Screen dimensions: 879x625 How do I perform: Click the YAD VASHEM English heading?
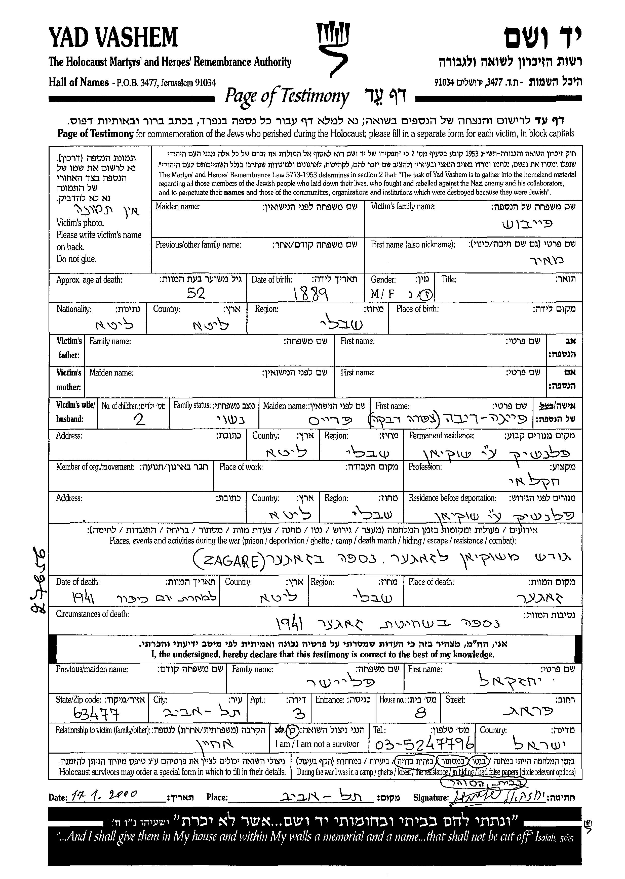113,38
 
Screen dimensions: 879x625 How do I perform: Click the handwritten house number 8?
421,714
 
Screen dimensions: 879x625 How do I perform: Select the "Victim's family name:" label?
403,206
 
